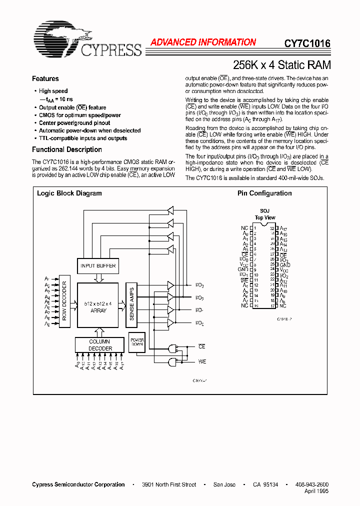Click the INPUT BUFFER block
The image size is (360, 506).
98,265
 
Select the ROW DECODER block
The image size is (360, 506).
64,300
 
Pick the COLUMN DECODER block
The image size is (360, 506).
100,345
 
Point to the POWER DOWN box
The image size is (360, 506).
136,342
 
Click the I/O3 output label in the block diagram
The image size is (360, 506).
199,285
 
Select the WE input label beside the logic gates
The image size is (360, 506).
202,361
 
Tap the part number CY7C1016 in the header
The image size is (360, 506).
307,43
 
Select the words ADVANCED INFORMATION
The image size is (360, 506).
203,42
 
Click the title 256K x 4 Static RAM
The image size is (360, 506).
282,65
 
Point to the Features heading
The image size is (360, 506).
45,78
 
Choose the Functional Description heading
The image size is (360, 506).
67,149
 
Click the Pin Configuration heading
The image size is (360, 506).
264,193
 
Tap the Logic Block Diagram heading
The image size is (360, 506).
69,193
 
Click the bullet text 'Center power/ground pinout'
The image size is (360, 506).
75,122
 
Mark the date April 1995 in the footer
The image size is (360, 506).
316,491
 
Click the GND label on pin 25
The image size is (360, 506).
284,265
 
